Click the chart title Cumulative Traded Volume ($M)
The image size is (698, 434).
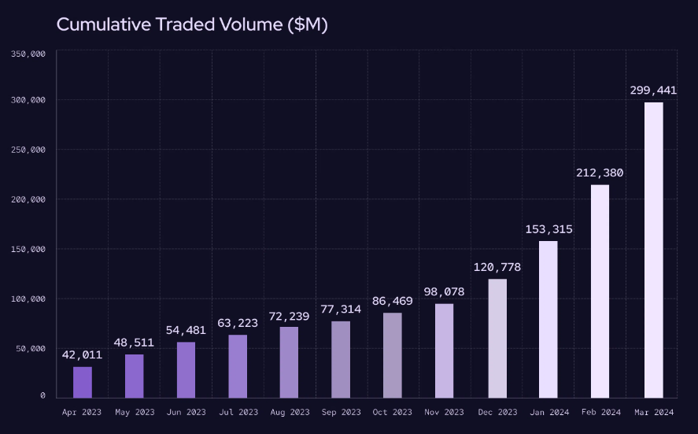[192, 24]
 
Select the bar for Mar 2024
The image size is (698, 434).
[653, 250]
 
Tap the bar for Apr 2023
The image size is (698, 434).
[83, 382]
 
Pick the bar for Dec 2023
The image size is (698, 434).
[497, 338]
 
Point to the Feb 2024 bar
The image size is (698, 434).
[600, 291]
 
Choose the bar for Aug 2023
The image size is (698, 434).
[289, 362]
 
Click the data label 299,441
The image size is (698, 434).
[653, 91]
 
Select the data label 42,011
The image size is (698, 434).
[83, 355]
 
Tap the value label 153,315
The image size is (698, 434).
[548, 229]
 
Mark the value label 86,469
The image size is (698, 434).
[393, 301]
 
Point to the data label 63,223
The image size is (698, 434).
[238, 323]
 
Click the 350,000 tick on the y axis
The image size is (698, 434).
[28, 54]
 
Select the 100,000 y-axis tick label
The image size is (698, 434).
[28, 299]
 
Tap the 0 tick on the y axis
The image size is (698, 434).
[42, 396]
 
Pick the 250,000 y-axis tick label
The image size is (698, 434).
[28, 150]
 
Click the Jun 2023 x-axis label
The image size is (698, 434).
[186, 412]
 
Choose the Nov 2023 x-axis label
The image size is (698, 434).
[445, 412]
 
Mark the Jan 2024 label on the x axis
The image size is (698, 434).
[548, 412]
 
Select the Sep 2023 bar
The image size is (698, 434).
[341, 359]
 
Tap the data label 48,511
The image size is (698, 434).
[134, 343]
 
